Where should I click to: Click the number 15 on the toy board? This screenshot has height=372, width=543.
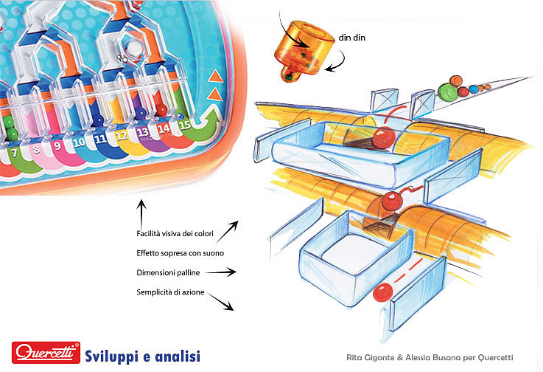(185, 125)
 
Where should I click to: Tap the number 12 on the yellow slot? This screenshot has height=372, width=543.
(122, 135)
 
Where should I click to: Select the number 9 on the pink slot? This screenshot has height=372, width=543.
(57, 146)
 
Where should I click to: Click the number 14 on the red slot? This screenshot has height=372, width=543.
(164, 128)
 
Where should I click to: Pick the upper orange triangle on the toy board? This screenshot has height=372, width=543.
(216, 75)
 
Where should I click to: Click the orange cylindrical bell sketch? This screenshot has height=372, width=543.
(304, 47)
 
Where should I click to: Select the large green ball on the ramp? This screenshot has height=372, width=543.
(447, 91)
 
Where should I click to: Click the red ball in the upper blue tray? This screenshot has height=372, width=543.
(383, 137)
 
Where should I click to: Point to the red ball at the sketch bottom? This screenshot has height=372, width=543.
(382, 292)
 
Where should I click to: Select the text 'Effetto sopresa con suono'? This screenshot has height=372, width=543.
(180, 253)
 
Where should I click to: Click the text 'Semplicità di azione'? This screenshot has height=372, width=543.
(170, 292)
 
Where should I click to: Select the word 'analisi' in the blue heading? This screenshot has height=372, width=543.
(176, 355)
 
